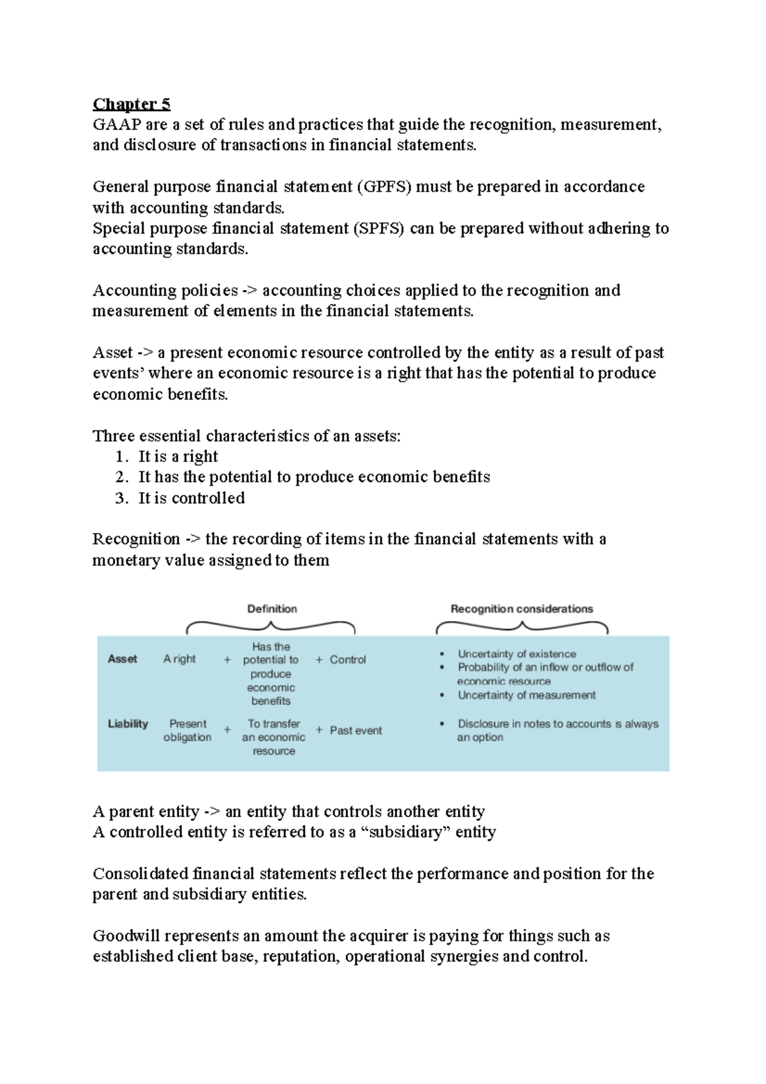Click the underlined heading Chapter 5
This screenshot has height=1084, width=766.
point(131,104)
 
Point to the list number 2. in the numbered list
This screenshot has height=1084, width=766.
point(123,477)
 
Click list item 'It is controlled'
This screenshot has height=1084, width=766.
point(191,498)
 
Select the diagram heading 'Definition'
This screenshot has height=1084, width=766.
point(272,608)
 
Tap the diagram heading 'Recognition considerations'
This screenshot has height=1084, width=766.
point(522,608)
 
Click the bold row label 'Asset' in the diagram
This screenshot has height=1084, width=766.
point(123,659)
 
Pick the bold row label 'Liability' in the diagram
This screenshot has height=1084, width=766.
point(128,723)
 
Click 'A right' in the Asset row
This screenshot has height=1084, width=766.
point(179,659)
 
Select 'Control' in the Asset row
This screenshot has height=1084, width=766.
point(347,659)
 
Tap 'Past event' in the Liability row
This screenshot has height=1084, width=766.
point(356,730)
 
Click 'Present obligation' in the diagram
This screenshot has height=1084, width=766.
point(187,730)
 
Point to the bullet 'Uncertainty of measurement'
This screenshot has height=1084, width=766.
point(526,695)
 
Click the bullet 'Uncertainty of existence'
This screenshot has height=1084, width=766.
point(516,654)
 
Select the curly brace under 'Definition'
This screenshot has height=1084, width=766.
point(271,626)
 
